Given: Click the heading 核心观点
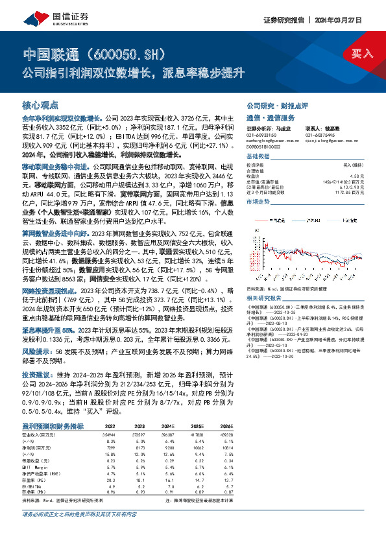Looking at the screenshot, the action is tap(40, 105).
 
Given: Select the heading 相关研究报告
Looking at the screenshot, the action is tap(265, 297).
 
